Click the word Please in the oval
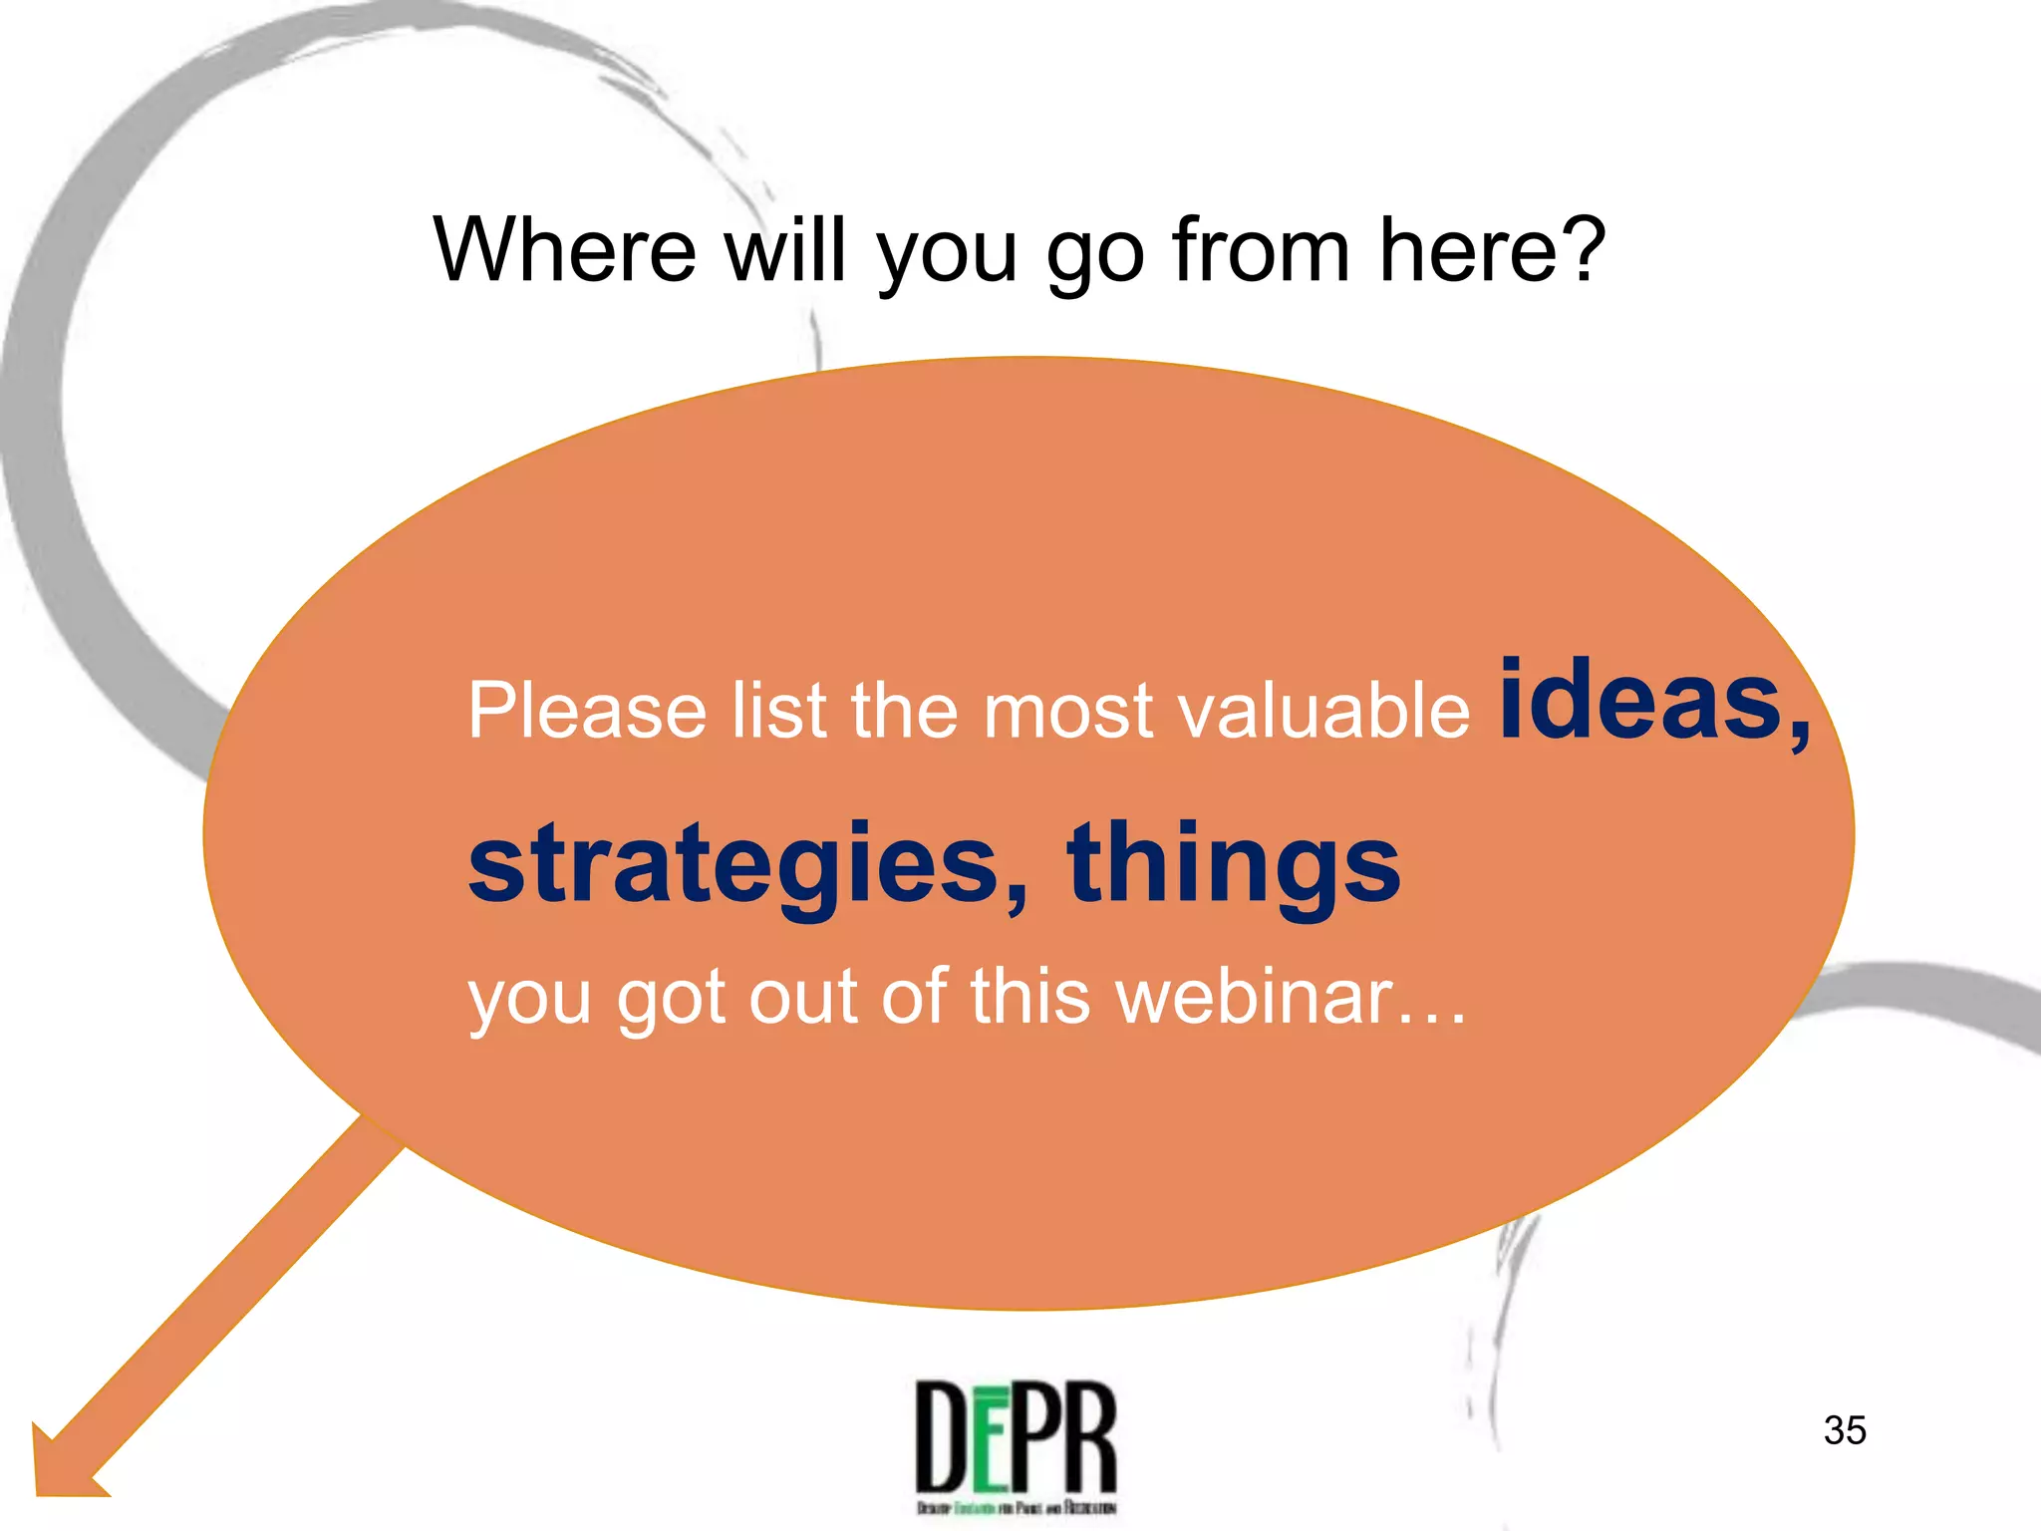coord(587,710)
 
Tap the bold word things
coord(1233,865)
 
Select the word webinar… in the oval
coord(1292,997)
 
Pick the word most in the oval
coord(1068,712)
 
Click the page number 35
coord(1845,1430)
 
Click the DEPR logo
coord(1016,1445)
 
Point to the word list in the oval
coord(778,710)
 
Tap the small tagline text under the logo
coord(1016,1508)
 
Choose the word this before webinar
coord(1030,997)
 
